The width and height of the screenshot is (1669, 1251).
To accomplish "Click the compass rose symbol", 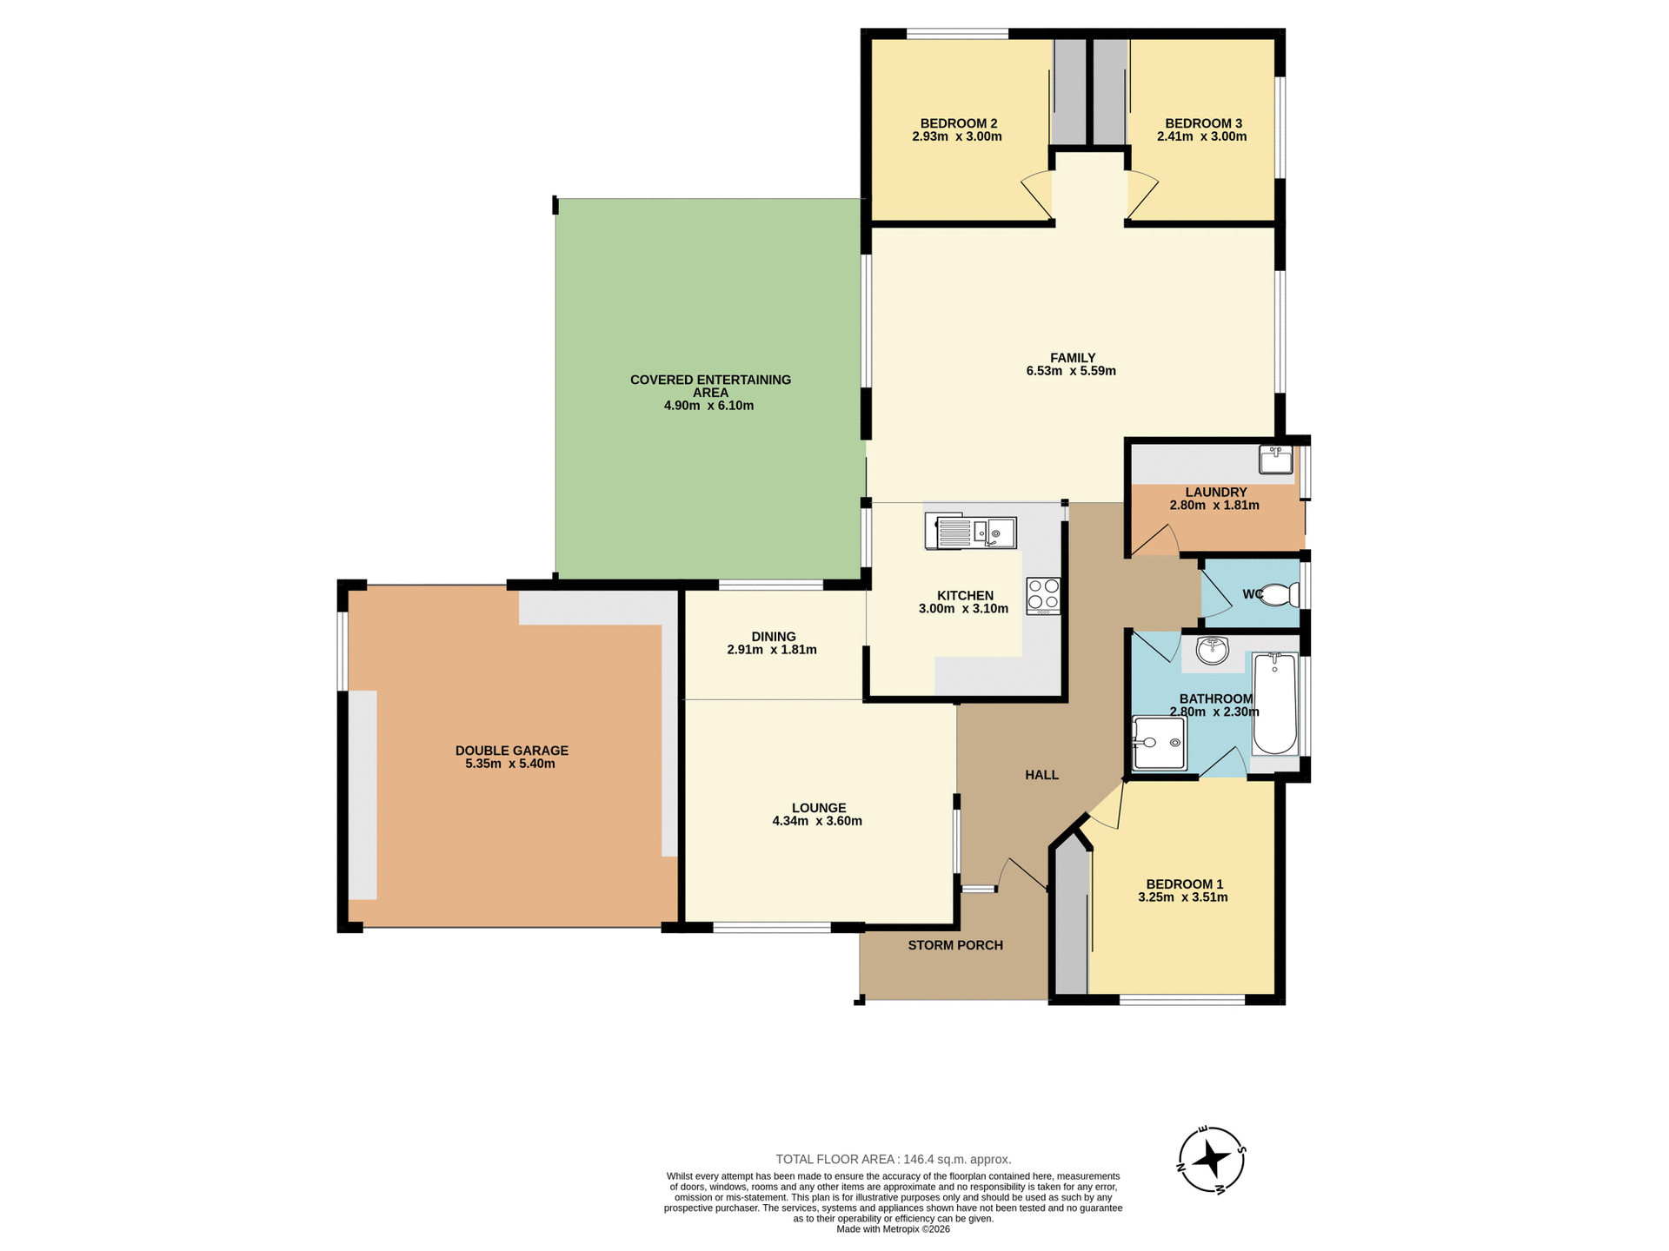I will (x=1211, y=1159).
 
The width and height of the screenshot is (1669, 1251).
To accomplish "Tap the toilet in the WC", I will (x=1280, y=595).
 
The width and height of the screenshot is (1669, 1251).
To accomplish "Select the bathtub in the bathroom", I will (x=1274, y=704).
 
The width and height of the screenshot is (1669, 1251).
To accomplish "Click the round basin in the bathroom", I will (x=1212, y=650).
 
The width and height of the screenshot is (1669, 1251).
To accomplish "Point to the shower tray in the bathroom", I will (x=1160, y=743).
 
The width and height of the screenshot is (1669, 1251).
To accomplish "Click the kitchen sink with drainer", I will (x=972, y=532).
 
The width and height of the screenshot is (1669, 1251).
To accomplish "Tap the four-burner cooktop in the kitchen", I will (x=1043, y=596).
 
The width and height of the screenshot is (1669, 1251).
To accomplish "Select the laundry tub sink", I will (x=1275, y=460).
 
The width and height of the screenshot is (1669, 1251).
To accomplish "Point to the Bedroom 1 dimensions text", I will (x=1182, y=897).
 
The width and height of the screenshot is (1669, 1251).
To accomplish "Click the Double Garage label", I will (x=511, y=751).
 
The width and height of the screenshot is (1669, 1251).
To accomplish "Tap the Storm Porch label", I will (x=955, y=945).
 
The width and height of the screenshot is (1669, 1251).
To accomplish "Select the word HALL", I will (x=1041, y=775).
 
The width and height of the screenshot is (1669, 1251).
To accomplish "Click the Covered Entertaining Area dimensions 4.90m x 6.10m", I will (x=708, y=406).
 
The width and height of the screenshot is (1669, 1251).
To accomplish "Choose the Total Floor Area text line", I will (x=893, y=1159).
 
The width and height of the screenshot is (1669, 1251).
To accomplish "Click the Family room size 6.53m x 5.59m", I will (x=1071, y=371).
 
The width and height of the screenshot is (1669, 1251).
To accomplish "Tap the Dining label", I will (x=773, y=637).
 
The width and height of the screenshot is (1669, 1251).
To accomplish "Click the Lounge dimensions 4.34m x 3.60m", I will (x=817, y=821).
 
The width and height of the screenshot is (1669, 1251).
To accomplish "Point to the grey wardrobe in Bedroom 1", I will (x=1071, y=921).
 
